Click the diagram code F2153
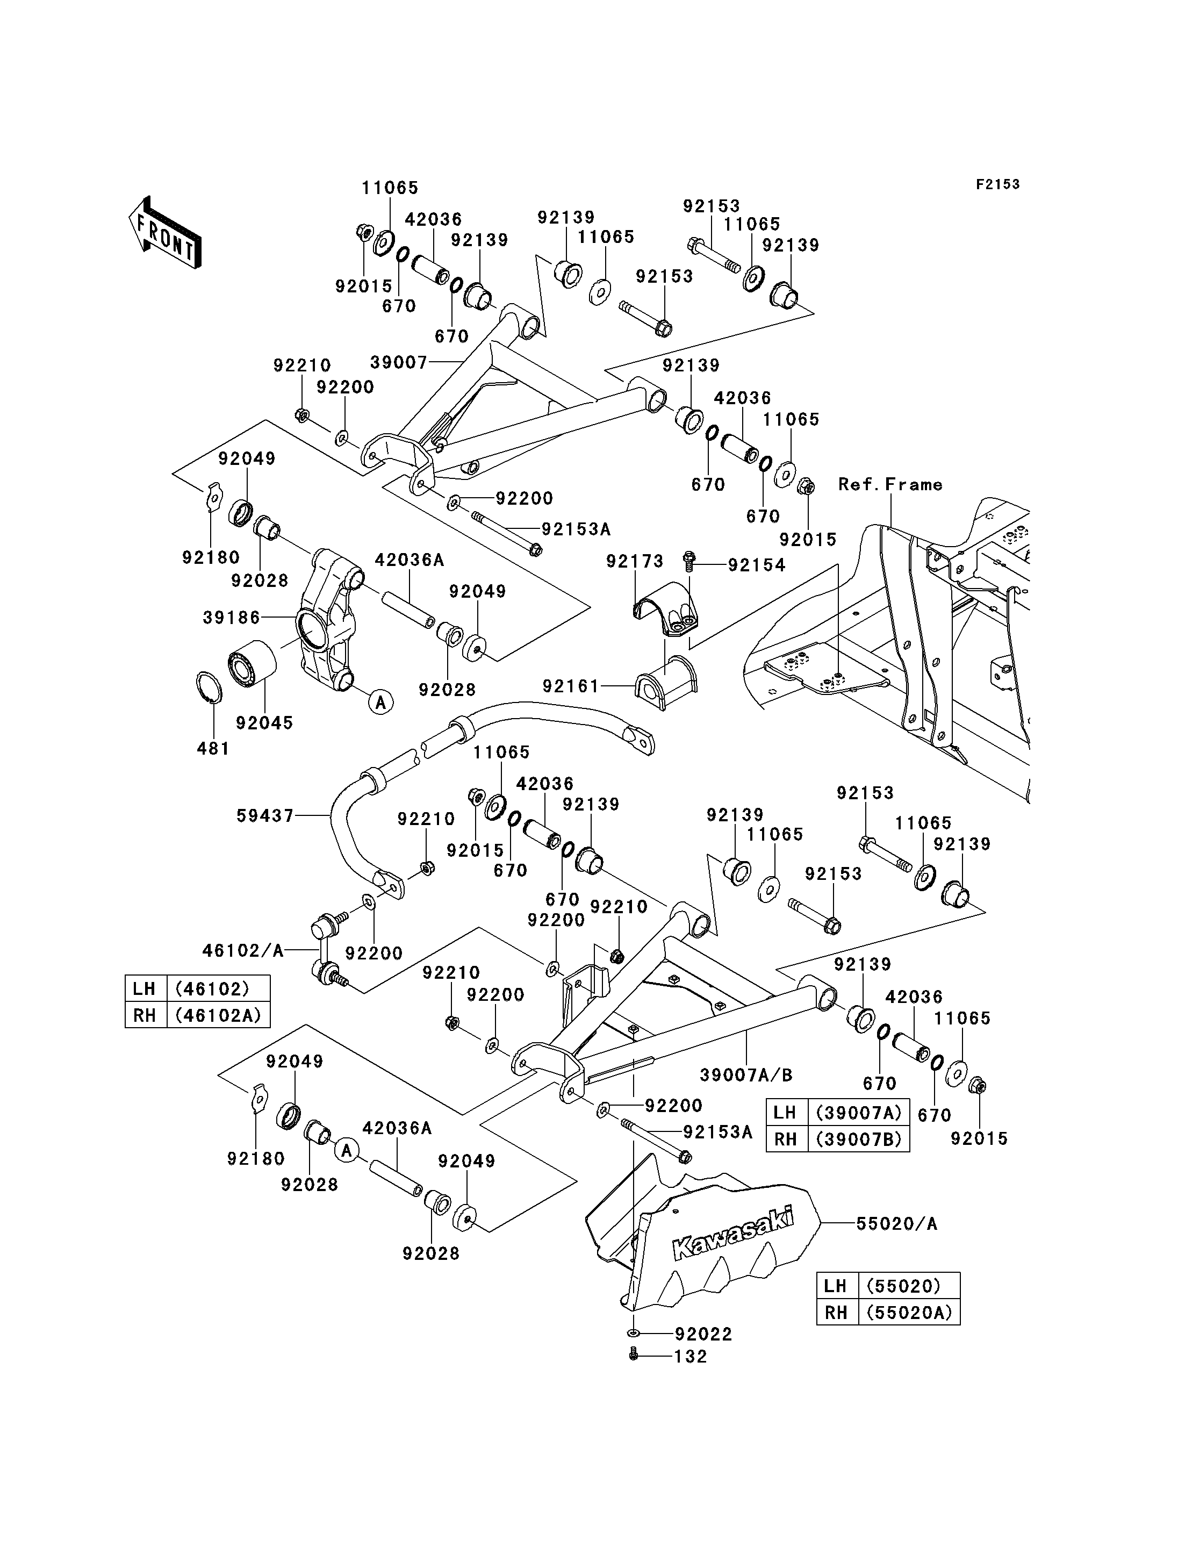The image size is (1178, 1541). (999, 184)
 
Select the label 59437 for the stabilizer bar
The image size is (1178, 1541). (265, 816)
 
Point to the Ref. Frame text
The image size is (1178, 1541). (890, 485)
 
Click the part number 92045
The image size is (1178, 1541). (264, 723)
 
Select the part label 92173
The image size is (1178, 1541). (635, 561)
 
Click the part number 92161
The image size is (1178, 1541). (571, 686)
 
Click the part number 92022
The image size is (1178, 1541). (704, 1335)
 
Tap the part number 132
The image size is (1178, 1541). (691, 1357)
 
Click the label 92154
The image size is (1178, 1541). (757, 565)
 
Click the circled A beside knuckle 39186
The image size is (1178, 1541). (380, 701)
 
